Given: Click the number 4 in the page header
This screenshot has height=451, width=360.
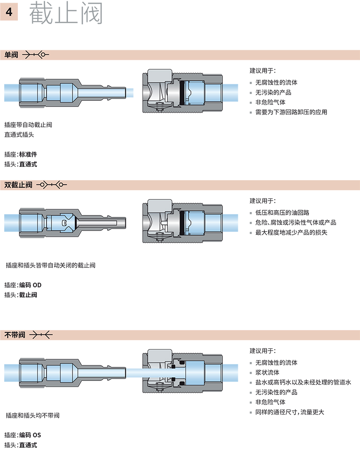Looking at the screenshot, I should pyautogui.click(x=9, y=13).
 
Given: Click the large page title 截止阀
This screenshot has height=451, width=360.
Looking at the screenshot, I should pyautogui.click(x=66, y=14).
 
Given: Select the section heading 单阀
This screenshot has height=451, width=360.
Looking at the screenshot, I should pyautogui.click(x=11, y=55).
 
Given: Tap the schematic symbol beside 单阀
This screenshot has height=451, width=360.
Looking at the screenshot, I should pyautogui.click(x=36, y=55).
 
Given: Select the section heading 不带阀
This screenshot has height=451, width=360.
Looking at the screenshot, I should pyautogui.click(x=15, y=335).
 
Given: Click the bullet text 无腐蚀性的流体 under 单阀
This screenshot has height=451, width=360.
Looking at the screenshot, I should pyautogui.click(x=276, y=83).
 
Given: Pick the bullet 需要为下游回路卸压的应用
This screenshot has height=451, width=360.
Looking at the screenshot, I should pyautogui.click(x=291, y=112).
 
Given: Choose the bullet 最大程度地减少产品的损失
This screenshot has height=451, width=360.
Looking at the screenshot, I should pyautogui.click(x=291, y=232).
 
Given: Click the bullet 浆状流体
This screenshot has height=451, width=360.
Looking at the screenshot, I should pyautogui.click(x=267, y=372).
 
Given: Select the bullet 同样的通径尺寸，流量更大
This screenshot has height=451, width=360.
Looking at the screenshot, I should pyautogui.click(x=290, y=412).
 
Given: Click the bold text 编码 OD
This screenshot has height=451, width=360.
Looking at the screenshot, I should pyautogui.click(x=30, y=285).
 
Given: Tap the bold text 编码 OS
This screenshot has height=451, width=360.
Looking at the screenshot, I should pyautogui.click(x=30, y=435).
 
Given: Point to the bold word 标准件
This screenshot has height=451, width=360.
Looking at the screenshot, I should pyautogui.click(x=28, y=154).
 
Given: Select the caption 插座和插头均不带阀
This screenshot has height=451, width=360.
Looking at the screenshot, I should pyautogui.click(x=32, y=415).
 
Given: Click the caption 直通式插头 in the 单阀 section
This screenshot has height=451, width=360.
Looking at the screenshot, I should pyautogui.click(x=19, y=135).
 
